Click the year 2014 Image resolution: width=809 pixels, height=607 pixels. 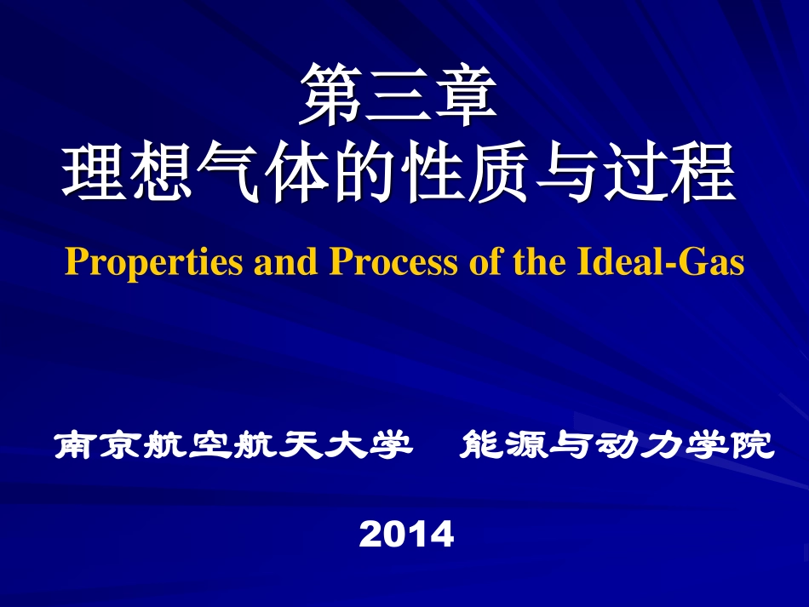coord(406,535)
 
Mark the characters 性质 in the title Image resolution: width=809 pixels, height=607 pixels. coord(465,173)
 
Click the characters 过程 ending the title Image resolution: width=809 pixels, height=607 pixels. coord(668,173)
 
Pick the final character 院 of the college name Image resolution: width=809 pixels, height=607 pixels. coord(754,445)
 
